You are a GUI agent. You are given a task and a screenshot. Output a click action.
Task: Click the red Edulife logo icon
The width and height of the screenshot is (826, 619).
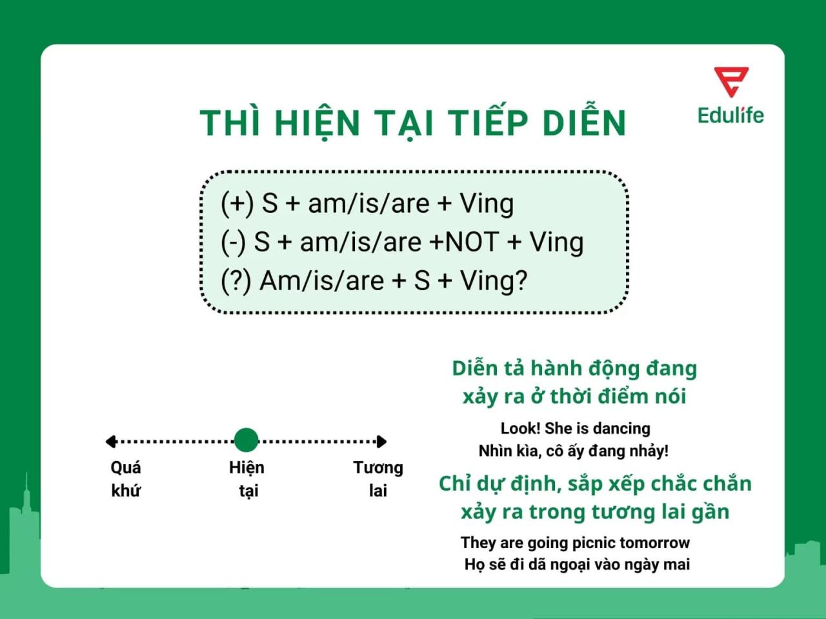coord(730,81)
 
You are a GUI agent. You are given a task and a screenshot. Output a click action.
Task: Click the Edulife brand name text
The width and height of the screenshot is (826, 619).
coord(730,115)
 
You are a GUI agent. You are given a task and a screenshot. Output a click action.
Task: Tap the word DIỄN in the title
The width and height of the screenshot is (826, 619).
coord(584,123)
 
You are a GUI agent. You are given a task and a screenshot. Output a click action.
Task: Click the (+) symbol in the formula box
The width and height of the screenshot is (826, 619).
coord(237,204)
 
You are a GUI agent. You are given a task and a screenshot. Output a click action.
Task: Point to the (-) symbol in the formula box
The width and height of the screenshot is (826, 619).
coord(233,242)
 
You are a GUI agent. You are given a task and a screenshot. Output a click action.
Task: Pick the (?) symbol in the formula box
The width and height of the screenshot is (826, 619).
coord(236,281)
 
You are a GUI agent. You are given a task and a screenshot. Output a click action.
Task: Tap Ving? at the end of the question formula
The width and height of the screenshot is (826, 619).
coord(494,281)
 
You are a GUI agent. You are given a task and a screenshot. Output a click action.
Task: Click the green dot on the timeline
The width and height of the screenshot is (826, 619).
coord(246,440)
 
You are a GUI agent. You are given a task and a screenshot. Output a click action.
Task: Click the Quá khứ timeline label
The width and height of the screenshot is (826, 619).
coord(126,479)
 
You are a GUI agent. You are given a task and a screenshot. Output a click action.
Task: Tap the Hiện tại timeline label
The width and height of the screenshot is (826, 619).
coord(247,479)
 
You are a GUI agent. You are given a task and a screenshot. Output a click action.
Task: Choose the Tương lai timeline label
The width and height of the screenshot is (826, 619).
coord(378,479)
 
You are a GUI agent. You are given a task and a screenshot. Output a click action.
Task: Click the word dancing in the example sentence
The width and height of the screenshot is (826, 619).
coord(621,428)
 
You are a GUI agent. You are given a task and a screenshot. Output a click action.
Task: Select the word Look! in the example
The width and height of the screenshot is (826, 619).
coord(520,428)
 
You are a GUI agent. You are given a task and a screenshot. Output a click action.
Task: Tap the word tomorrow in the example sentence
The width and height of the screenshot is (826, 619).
coord(654,542)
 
